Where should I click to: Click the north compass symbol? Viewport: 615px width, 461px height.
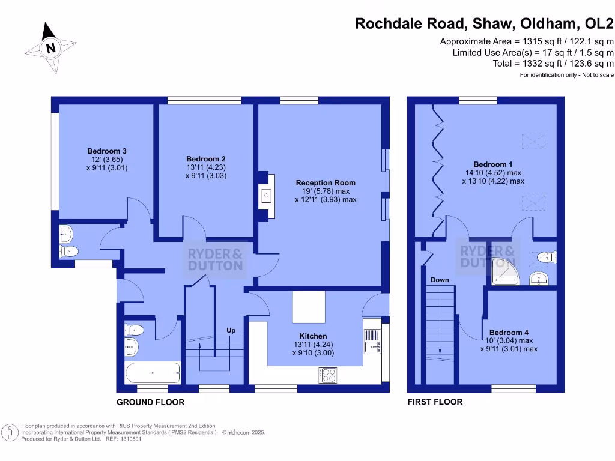tap(51, 48)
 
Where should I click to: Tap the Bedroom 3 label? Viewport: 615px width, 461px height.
tap(107, 151)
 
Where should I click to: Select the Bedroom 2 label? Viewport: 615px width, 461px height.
tap(206, 159)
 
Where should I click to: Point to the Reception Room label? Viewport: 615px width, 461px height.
tap(326, 183)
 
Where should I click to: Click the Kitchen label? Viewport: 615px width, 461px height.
tap(313, 336)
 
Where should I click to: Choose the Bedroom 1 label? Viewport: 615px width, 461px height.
tap(493, 164)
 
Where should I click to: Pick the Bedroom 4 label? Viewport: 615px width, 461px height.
tap(509, 333)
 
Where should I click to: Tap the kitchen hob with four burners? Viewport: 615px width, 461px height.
tap(329, 375)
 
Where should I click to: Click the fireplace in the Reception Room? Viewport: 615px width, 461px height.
tap(265, 194)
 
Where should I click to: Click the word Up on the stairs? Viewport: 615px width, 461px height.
tap(231, 331)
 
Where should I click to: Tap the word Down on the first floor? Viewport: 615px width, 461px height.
tap(440, 280)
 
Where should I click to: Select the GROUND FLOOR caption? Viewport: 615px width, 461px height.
tap(150, 402)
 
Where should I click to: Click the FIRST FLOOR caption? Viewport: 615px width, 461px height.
tap(435, 402)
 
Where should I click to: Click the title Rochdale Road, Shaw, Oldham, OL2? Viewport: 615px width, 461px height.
tap(484, 23)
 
